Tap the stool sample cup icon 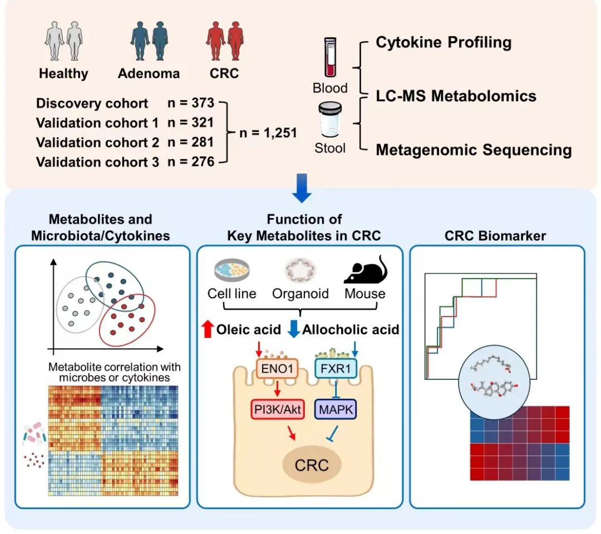330,119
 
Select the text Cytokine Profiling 444,42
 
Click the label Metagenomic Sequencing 474,150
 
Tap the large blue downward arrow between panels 302,187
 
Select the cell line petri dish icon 231,270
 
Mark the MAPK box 335,410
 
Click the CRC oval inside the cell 312,464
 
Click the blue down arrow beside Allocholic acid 293,329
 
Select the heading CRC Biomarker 495,236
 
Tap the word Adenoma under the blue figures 149,73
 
